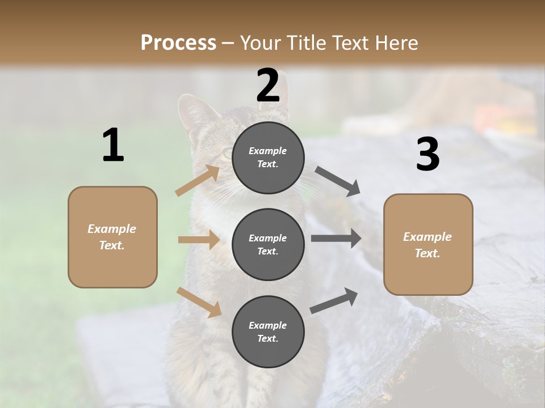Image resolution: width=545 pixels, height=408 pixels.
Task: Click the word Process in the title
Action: coord(178,43)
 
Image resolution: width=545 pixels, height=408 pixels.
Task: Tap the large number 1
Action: coord(113,146)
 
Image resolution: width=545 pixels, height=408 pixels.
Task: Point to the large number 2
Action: coord(268,86)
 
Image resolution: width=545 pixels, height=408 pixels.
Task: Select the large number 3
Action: coord(427,155)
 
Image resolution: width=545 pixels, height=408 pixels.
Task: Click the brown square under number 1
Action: coord(112,237)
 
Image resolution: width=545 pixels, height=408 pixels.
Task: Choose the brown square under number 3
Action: coord(428,244)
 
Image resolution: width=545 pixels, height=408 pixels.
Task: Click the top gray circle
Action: coord(268,158)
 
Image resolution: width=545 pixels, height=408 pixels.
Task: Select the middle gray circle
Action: coord(268,244)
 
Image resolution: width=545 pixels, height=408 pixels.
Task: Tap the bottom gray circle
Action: coord(268,331)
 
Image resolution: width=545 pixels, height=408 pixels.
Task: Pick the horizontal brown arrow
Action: coord(199,240)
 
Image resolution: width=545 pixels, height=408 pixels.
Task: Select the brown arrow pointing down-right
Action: coord(199,302)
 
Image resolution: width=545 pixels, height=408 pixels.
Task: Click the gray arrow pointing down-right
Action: coord(338,181)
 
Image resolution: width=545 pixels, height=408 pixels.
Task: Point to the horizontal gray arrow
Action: coord(336,238)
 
